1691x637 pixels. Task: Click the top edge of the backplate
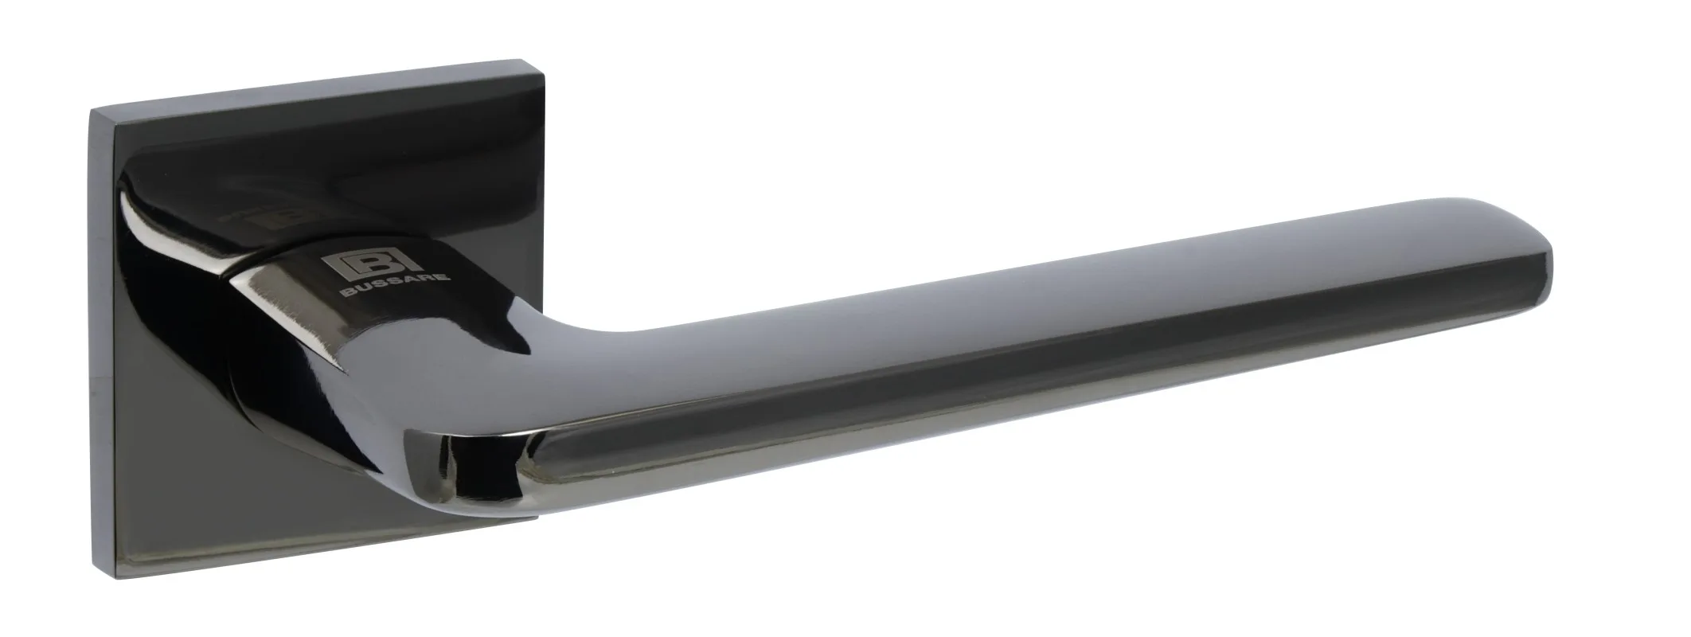(x=318, y=119)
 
